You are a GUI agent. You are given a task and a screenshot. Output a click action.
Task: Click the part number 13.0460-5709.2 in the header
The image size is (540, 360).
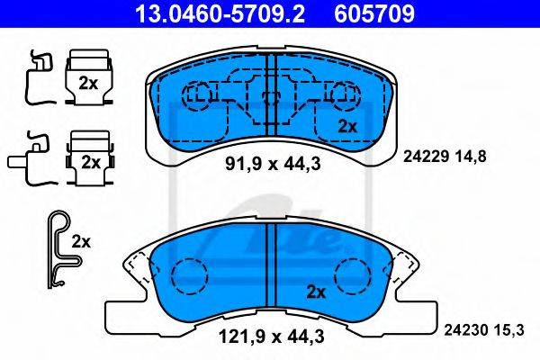click(x=220, y=13)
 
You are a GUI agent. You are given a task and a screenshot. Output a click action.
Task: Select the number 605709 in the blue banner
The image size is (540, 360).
click(x=374, y=13)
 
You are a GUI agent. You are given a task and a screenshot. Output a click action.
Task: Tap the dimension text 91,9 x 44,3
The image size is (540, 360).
click(x=273, y=164)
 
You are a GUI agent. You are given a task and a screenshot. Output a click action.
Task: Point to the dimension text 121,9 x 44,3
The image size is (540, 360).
click(x=272, y=336)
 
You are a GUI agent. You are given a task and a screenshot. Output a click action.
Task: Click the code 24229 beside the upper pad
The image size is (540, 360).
click(x=426, y=157)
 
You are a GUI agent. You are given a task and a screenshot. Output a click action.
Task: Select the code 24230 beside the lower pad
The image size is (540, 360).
click(x=466, y=330)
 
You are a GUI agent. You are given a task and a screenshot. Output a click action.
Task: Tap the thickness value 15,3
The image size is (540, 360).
click(x=508, y=330)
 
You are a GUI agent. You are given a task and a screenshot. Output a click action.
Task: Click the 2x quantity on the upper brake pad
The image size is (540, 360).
click(x=347, y=127)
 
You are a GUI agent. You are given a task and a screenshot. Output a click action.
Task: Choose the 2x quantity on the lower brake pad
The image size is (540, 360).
click(x=316, y=292)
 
